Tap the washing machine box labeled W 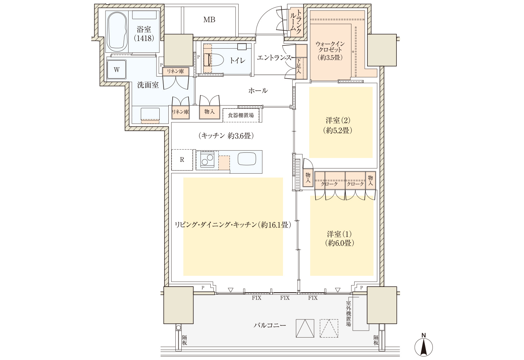116,70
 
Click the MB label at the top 209,20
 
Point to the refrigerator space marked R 182,160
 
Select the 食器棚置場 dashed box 241,115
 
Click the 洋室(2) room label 338,125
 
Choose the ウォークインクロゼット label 330,51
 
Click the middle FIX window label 285,298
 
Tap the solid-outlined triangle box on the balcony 305,329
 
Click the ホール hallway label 258,91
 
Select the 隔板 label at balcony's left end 184,340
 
